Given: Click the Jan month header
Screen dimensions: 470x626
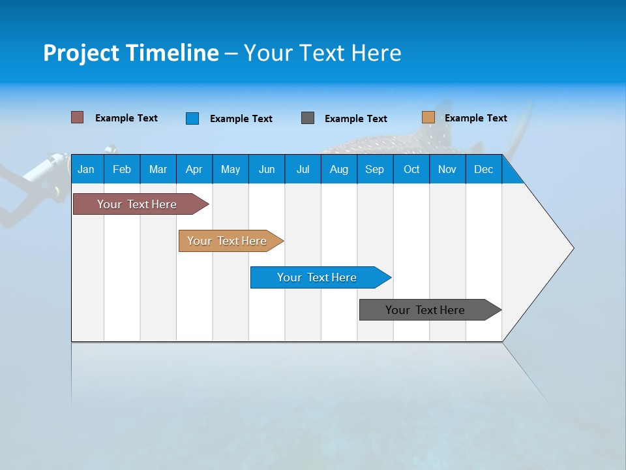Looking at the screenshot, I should point(86,169).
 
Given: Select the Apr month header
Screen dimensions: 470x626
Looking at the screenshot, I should point(194,169).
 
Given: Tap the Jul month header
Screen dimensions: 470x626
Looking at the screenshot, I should point(303,169).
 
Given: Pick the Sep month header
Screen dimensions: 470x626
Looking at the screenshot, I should point(374,169).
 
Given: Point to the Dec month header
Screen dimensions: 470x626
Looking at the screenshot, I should point(483,169).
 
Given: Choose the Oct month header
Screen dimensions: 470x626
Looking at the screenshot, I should point(411,169).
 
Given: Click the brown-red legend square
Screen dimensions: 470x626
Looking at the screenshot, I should point(77,117).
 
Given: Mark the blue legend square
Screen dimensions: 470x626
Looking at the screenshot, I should point(192,118).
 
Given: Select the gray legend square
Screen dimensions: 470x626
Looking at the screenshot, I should point(308,118).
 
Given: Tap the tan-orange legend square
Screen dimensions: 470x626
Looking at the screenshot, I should point(428,117).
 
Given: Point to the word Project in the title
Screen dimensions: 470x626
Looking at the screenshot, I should point(81,53).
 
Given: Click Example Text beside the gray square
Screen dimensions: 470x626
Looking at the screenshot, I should point(355,119).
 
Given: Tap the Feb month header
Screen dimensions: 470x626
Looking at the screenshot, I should point(122,169).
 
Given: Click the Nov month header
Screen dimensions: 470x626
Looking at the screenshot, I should point(447,169).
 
